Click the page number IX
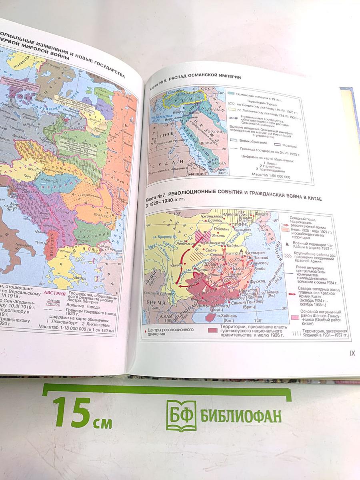[352, 353]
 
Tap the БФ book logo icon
[181, 416]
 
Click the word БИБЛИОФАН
[241, 416]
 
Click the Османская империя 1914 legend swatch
[231, 94]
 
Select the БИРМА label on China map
[156, 302]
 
